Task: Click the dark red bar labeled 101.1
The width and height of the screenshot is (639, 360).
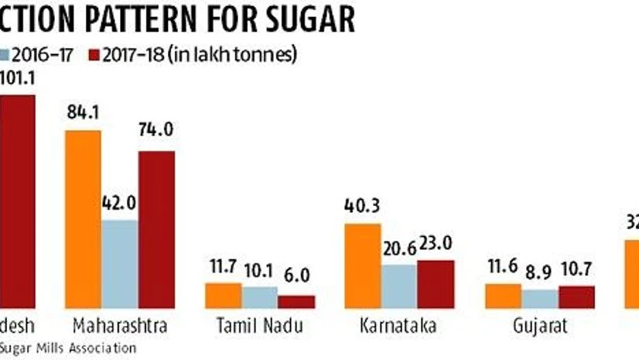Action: tap(17, 201)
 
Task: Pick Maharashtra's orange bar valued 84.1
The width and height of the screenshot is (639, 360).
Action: tap(83, 220)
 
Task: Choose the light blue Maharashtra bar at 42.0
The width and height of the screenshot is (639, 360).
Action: tap(119, 264)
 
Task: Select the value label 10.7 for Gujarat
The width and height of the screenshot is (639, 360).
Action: tap(576, 273)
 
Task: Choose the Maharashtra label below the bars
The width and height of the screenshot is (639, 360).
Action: tap(119, 326)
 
